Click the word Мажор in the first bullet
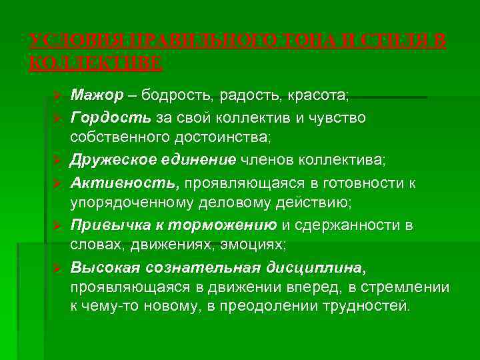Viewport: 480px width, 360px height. pyautogui.click(x=97, y=96)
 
